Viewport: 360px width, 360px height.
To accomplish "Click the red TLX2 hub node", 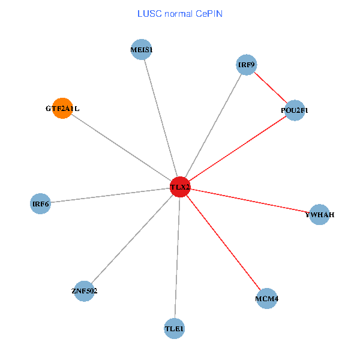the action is tap(180, 187).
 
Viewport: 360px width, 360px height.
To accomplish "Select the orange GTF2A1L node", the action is tap(62, 109).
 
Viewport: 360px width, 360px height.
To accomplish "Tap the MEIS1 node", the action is tap(142, 50).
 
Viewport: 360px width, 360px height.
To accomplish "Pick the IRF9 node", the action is tap(247, 65).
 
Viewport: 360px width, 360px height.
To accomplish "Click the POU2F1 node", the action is tap(295, 110).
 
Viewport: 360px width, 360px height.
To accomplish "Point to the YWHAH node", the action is tap(319, 214).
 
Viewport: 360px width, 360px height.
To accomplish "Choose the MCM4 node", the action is tap(266, 298).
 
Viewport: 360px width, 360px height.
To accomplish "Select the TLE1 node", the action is tap(175, 328).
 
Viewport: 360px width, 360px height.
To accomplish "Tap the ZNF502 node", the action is tap(85, 291).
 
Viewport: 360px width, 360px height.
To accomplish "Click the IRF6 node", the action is tap(40, 204).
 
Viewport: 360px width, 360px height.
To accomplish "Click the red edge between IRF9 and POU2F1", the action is tap(271, 88).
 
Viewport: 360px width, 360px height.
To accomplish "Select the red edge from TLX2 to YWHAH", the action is tap(250, 201).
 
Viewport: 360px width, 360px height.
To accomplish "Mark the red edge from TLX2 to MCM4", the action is tap(223, 243).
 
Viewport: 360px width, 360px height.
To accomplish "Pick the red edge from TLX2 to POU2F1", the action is tap(238, 148).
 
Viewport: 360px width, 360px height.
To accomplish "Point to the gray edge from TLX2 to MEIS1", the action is tap(161, 119).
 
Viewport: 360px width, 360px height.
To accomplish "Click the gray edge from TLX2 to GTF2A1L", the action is tap(121, 148).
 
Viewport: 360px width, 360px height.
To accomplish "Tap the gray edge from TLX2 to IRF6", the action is tap(110, 196).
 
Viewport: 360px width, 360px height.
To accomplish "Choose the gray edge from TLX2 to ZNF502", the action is tap(133, 239).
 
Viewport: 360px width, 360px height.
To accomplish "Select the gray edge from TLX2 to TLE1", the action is tap(178, 258).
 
